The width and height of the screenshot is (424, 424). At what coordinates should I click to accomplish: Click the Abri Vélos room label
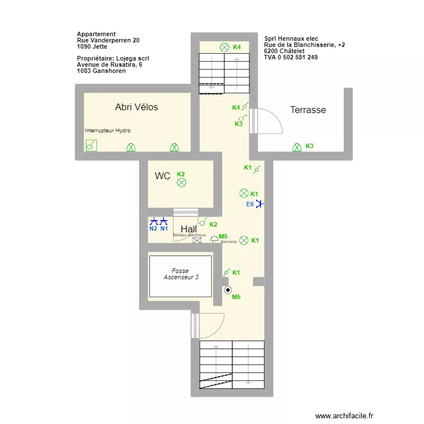136,107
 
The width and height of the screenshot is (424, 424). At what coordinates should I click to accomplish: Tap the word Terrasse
308,110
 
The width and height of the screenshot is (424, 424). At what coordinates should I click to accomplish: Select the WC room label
162,176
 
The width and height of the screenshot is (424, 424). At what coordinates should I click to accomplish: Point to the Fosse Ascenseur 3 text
180,274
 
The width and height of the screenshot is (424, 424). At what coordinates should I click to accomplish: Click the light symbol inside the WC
181,183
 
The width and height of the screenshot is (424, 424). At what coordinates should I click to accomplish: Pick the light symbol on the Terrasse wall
296,147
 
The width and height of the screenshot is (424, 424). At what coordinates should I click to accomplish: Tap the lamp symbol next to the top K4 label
224,47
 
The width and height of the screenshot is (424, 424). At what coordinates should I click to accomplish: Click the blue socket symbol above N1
164,221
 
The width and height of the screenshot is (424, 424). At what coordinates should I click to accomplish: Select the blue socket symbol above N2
153,221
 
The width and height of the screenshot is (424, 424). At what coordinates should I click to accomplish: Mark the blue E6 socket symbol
259,204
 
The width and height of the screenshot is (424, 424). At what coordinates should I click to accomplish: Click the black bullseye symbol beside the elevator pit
228,290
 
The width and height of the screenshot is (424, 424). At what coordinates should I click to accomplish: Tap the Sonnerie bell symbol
214,240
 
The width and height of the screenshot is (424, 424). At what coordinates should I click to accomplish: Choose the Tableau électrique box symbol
197,240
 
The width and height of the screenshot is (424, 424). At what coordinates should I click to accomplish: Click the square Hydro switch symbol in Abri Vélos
90,146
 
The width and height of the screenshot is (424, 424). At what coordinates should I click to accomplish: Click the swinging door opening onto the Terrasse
267,121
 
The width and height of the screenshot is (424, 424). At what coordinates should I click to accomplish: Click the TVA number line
291,57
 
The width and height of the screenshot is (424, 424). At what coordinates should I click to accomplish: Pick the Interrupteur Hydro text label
107,131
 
